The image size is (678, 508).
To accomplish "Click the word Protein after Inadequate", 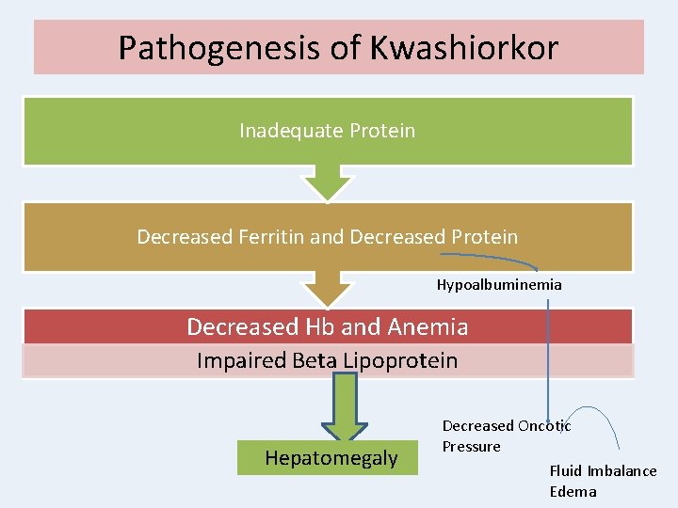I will point(382,130).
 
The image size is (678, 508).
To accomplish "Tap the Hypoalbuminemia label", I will point(499,284).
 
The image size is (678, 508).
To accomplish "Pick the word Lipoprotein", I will point(407,360).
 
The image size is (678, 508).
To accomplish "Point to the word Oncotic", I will point(540,426).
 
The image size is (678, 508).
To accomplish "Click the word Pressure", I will point(471,446).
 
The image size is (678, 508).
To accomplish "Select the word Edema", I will point(573,491).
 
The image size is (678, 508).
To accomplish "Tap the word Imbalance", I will point(621,470).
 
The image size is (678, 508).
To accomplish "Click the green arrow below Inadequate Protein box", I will point(327,183).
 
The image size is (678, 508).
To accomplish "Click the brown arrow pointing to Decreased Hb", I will point(327,289).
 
